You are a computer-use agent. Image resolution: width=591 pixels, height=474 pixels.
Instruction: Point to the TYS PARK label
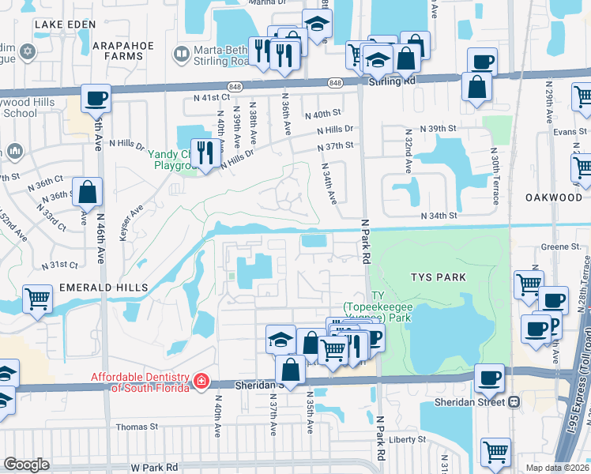[439, 277]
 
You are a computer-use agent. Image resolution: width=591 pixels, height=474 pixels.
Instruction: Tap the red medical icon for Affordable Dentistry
[201, 382]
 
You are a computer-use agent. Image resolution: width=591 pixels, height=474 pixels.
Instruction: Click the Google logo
[27, 464]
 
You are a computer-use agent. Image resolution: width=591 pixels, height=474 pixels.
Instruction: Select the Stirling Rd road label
[391, 81]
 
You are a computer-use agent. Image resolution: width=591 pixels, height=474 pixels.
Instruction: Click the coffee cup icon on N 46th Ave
[96, 98]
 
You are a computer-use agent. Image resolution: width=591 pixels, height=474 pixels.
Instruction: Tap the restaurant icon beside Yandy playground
[205, 151]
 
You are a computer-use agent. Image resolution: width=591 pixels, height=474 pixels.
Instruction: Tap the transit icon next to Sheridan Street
[514, 401]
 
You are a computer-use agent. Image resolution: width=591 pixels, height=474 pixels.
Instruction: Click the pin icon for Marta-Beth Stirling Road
[179, 54]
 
